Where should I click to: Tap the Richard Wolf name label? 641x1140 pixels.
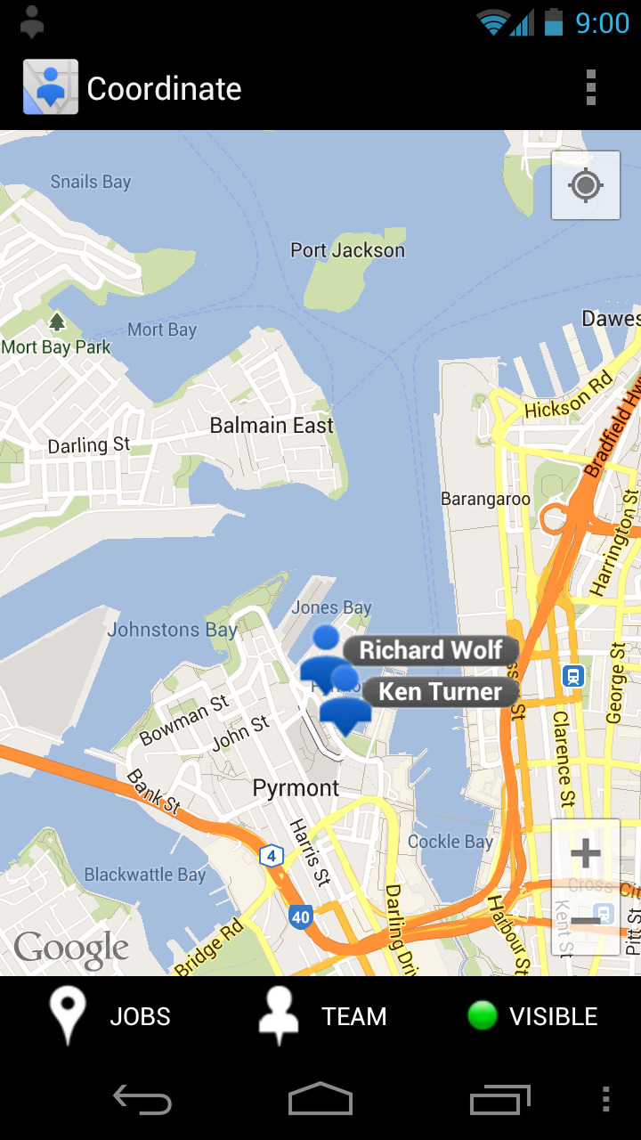431,650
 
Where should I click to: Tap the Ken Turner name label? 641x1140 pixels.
440,692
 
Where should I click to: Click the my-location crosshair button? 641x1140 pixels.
586,185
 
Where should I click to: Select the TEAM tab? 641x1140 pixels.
322,1016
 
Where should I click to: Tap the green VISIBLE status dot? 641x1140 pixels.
483,1016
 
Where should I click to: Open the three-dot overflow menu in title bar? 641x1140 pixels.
591,88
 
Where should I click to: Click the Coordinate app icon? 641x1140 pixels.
51,87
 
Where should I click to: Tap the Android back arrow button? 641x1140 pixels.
142,1100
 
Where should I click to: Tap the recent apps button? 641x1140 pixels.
500,1100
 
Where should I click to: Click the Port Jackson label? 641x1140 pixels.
347,250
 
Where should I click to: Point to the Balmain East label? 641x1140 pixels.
272,426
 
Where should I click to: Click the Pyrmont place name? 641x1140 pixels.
296,788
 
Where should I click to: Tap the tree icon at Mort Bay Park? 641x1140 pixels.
57,322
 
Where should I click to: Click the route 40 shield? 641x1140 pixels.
301,916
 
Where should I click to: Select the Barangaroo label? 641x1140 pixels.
485,500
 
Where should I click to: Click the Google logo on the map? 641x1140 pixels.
71,950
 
